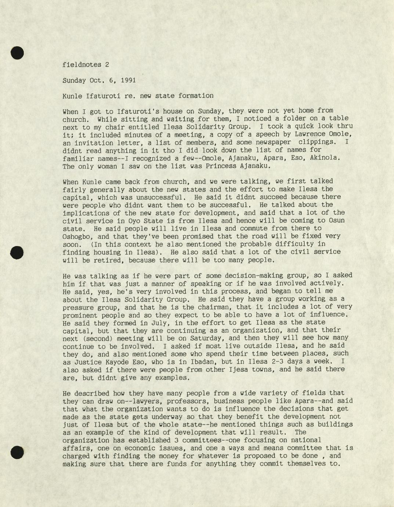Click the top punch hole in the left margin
[x=17, y=53]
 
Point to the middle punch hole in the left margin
[x=17, y=252]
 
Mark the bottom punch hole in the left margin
[x=17, y=452]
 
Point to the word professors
[x=153, y=401]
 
